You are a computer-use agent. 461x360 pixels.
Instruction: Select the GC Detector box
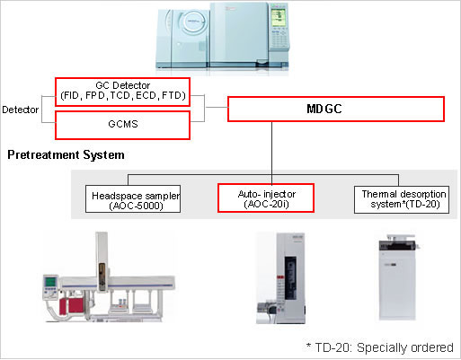(x=122, y=92)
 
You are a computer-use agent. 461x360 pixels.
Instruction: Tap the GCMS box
(x=122, y=125)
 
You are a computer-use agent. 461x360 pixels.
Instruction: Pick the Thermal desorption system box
(x=395, y=198)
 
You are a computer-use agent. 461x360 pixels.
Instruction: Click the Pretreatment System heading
(x=66, y=155)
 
